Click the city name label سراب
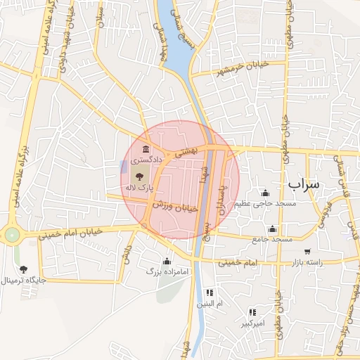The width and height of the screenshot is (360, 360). [x=303, y=184]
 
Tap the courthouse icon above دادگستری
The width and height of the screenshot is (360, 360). [x=146, y=149]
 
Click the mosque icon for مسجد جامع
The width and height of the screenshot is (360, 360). [x=272, y=229]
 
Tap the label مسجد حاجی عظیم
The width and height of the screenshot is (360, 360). [x=266, y=204]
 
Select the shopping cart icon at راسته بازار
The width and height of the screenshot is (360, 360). [x=307, y=251]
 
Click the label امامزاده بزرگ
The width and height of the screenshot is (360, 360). [x=168, y=271]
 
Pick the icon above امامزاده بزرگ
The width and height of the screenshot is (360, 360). [x=167, y=261]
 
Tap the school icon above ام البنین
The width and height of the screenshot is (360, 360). [x=209, y=292]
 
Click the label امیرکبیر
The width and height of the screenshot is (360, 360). [x=252, y=323]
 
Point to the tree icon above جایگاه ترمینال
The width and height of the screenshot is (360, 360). [x=23, y=269]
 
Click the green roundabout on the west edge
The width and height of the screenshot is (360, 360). [x=12, y=235]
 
